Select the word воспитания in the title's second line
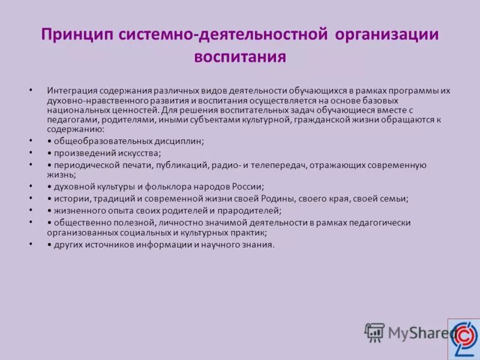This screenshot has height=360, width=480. point(239,57)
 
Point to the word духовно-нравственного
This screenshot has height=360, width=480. point(94,100)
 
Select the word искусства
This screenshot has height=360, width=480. point(138,153)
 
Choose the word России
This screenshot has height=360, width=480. point(248,187)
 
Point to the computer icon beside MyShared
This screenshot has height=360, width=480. point(374,332)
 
